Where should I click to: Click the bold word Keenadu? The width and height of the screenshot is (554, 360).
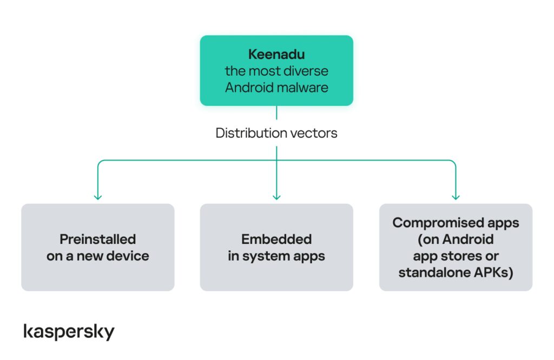point(276,55)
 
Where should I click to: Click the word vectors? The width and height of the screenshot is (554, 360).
point(314,133)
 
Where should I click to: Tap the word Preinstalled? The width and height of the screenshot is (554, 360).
point(97,239)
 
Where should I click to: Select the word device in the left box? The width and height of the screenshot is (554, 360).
point(130,256)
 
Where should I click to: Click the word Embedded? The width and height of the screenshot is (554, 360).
point(276,239)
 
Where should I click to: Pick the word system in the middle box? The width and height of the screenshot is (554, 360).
point(267,256)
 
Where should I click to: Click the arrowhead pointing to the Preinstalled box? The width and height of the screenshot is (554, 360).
point(97,197)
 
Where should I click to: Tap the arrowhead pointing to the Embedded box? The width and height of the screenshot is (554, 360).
point(276,197)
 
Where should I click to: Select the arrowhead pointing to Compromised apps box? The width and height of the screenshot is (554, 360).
point(456,197)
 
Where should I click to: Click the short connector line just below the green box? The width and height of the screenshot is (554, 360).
point(276,112)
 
